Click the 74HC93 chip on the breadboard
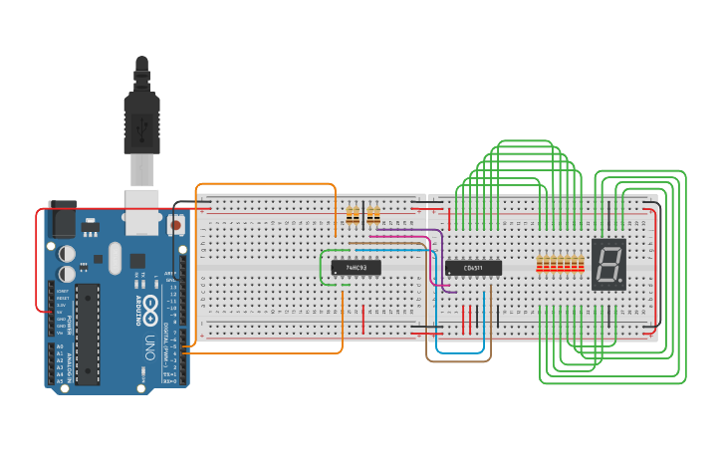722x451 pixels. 356,267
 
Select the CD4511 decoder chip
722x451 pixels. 472,267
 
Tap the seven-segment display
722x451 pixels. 607,264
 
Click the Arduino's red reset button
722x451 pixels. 176,225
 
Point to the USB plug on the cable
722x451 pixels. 141,124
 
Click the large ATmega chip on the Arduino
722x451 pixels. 88,334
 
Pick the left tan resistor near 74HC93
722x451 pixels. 352,216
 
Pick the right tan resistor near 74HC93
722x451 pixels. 373,216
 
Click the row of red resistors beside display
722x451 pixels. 560,264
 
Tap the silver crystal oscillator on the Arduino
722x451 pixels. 116,252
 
